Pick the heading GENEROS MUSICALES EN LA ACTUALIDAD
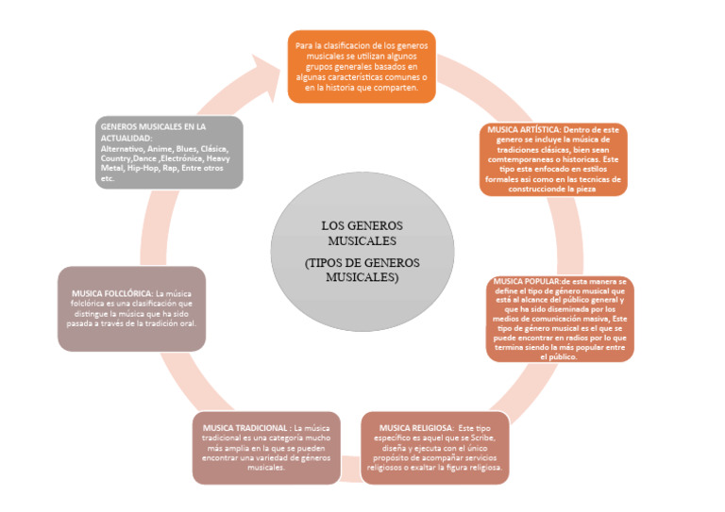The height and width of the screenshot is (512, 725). (x=153, y=132)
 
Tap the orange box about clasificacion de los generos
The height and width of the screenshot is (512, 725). (x=361, y=66)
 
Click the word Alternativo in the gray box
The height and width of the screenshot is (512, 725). (x=119, y=149)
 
